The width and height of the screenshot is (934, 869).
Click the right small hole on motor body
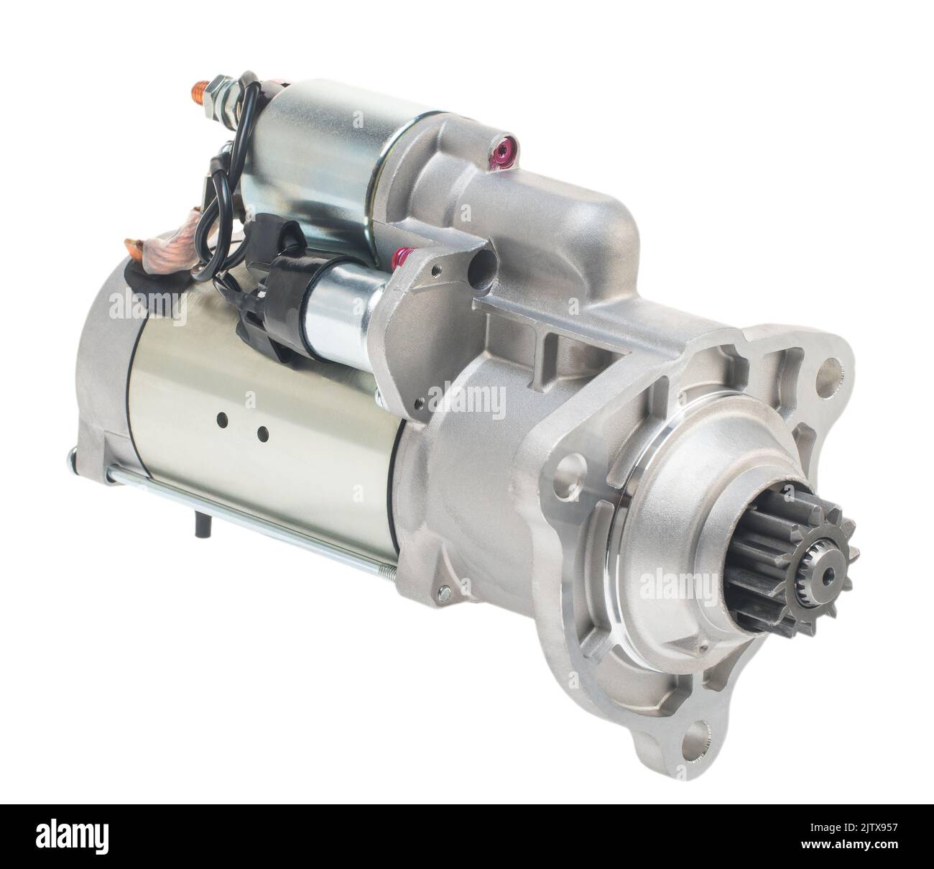point(262,433)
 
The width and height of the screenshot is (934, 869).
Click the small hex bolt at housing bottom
point(443,592)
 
